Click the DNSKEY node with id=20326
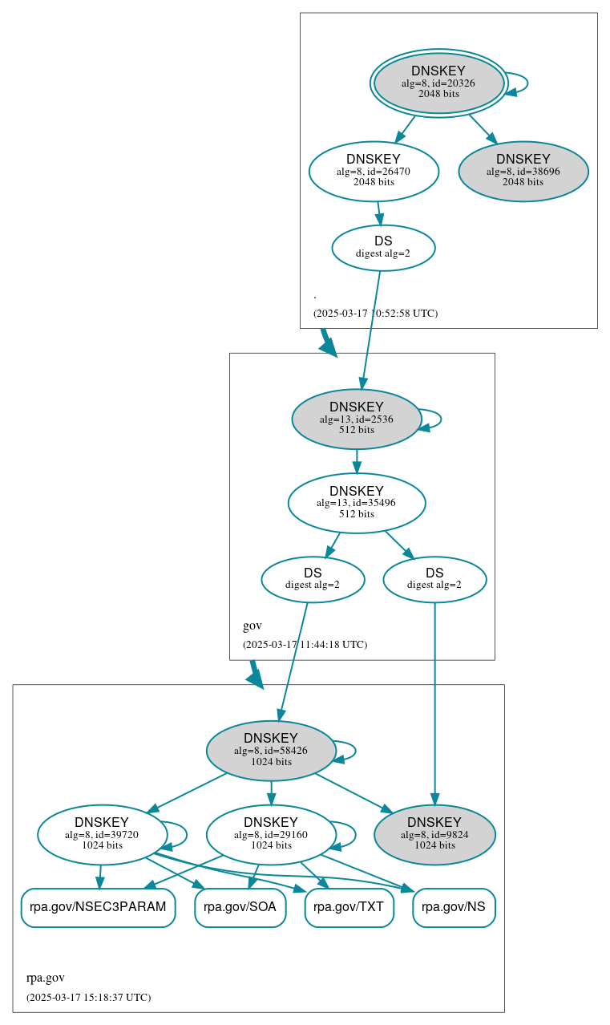coord(438,83)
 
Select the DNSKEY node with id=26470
coord(374,171)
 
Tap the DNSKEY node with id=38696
coord(523,171)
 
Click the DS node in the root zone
coord(383,248)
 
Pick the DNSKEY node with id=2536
coord(357,419)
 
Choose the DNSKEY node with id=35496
coord(357,503)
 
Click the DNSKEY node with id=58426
coord(271,751)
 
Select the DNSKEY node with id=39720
coord(102,835)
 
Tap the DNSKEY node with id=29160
coord(271,835)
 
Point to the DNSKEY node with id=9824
coord(434,835)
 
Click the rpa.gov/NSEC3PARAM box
coord(98,907)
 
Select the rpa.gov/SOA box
coord(240,907)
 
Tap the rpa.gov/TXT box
coord(349,907)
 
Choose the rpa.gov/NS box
coord(454,907)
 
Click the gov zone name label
coord(252,626)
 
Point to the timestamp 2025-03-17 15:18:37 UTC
coord(88,997)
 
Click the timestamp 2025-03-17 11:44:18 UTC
coord(305,644)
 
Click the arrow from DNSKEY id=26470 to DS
coord(379,213)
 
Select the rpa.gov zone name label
coord(46,978)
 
